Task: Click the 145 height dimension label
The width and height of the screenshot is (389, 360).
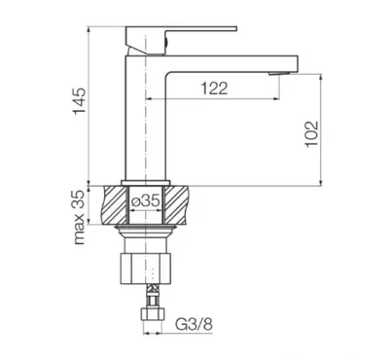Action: (80, 100)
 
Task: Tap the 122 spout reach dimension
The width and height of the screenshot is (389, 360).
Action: (214, 88)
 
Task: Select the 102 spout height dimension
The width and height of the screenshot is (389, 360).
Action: (311, 134)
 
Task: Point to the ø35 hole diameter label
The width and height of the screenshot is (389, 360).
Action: (146, 201)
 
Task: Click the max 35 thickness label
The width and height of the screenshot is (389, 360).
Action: (80, 217)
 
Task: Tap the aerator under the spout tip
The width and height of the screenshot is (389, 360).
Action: (278, 73)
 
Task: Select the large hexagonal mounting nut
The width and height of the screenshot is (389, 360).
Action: (146, 269)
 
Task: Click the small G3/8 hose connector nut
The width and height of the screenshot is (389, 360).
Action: (153, 313)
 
